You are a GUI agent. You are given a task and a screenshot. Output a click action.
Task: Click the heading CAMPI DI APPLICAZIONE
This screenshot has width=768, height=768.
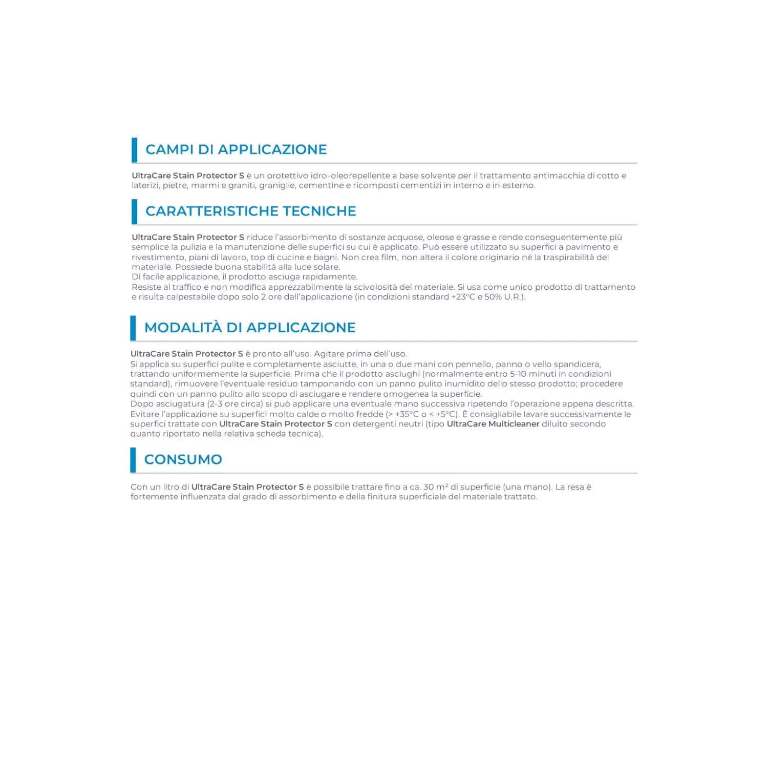tap(236, 150)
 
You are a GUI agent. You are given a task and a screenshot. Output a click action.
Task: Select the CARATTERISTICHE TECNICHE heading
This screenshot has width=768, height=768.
tap(250, 211)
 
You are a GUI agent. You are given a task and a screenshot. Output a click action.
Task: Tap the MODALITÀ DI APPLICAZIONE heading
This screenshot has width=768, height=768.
tap(250, 328)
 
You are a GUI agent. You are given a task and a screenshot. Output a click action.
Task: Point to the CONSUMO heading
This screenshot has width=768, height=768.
tap(183, 459)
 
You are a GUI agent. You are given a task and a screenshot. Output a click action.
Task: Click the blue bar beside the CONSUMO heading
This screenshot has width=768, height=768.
tap(133, 460)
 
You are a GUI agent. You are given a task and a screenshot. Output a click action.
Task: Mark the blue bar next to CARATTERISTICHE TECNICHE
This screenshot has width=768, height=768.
tap(135, 211)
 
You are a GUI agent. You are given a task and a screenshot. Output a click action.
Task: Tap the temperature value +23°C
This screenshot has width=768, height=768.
tap(463, 297)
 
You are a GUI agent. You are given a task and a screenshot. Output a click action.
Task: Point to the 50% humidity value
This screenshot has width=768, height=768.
tap(494, 297)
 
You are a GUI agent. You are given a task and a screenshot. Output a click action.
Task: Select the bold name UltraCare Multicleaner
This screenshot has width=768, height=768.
tap(493, 424)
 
